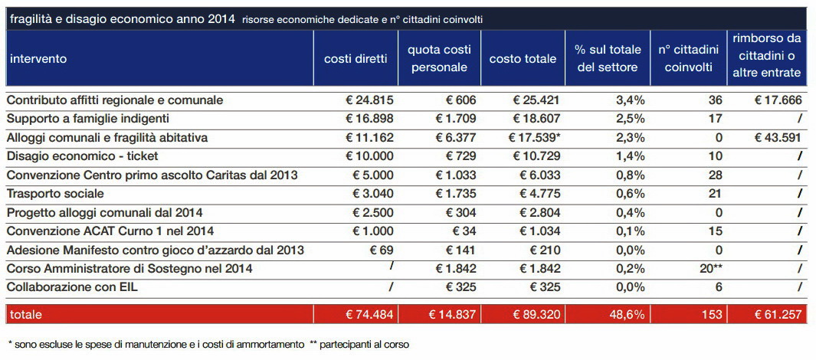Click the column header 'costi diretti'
[356, 59]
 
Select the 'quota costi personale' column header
[439, 59]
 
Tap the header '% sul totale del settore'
[608, 59]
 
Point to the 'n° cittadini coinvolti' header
[688, 59]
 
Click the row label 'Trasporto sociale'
[55, 194]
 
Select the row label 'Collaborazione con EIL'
[72, 288]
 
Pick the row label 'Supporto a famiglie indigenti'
[87, 119]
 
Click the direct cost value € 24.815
[369, 100]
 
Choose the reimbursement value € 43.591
[778, 138]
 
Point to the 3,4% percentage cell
[631, 100]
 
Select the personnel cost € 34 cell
[460, 231]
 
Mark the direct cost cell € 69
[382, 250]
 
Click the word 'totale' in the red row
[25, 314]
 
